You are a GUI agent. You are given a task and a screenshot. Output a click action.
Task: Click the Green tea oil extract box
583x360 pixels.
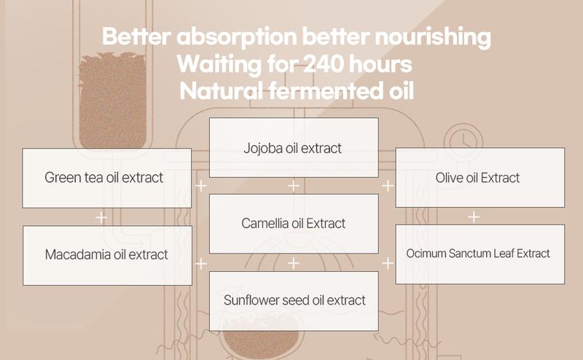coord(106,178)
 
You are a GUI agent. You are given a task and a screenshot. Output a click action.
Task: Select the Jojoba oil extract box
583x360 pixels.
coord(294,148)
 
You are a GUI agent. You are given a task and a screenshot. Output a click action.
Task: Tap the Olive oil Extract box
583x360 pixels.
coord(480,177)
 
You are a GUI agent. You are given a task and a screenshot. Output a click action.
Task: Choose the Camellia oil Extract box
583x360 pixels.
coord(294,224)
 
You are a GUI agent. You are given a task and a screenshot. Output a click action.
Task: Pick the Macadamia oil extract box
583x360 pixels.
coord(107,256)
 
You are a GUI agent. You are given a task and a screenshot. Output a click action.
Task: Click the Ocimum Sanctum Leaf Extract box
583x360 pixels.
coord(480,254)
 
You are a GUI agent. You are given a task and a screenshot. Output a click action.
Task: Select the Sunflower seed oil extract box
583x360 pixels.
coord(294,301)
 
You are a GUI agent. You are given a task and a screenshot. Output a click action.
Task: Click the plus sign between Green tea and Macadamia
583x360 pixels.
coord(101,217)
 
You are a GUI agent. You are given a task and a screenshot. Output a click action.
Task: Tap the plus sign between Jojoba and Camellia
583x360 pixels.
coord(294,186)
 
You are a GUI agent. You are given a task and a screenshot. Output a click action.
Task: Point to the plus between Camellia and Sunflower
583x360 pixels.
coord(294,263)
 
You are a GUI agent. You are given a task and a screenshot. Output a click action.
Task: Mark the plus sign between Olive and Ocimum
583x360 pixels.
coord(474,217)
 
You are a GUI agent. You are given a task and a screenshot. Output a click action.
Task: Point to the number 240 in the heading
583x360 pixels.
coord(322,64)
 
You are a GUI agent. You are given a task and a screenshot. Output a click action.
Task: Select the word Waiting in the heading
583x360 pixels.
coord(219,65)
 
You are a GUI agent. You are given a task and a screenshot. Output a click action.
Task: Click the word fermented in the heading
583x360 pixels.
coord(326,91)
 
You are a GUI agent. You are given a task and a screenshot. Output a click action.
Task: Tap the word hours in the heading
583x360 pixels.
coord(380,64)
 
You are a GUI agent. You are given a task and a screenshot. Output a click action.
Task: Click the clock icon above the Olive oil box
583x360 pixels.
coord(463,141)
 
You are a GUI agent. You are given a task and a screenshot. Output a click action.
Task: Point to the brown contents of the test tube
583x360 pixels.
coord(112,101)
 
